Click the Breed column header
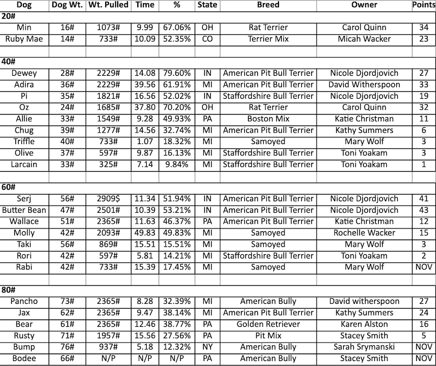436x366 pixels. click(x=268, y=5)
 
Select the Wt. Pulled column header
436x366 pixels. click(x=108, y=5)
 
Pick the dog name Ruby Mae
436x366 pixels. click(x=24, y=39)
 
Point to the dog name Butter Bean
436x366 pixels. click(x=24, y=210)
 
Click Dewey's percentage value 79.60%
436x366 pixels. click(x=176, y=73)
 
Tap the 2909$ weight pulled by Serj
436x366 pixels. click(x=108, y=199)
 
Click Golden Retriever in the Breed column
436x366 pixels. click(x=268, y=324)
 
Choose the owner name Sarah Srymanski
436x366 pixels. click(x=364, y=347)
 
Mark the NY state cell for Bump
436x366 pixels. click(x=207, y=347)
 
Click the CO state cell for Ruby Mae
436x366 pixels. click(x=207, y=39)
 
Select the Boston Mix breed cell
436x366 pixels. click(x=268, y=119)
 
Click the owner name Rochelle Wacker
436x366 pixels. click(x=364, y=233)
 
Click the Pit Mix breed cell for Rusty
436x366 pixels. click(x=268, y=335)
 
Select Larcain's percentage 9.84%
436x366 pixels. click(x=176, y=165)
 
